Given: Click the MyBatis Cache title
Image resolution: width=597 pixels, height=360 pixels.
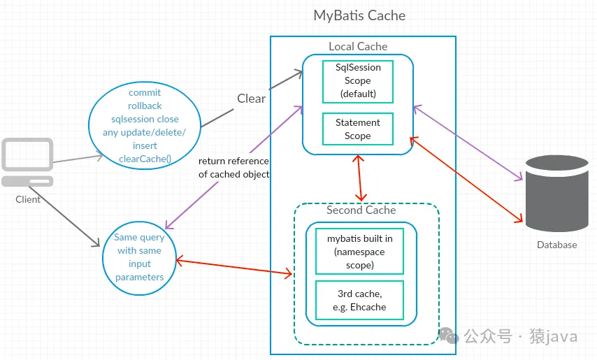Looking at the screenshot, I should pos(359,15).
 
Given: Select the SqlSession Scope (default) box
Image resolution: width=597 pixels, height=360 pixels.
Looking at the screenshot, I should pos(357,81).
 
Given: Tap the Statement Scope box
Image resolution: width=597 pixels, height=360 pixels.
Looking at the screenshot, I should pos(357,129).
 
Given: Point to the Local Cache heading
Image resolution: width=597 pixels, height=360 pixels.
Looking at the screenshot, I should pos(358,46).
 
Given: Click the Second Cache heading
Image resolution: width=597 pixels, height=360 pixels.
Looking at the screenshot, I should pos(361,210).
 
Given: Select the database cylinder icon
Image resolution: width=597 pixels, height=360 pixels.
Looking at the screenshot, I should pos(556,193).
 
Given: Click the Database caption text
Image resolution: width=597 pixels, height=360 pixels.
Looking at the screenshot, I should pos(556,245).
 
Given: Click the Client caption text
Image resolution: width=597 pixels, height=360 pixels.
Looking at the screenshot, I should pos(28,199).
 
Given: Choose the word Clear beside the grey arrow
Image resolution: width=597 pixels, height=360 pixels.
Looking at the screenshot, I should pos(252,99).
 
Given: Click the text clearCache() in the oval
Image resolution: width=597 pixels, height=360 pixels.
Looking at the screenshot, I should pos(145,159).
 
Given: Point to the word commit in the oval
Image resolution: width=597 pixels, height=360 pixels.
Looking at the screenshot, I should pos(145,92).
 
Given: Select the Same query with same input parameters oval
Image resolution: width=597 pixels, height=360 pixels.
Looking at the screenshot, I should pos(139,257).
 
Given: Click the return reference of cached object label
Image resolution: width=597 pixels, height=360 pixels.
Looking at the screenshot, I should pos(233,168).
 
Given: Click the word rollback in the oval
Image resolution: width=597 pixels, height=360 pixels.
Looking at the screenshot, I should pos(145,106).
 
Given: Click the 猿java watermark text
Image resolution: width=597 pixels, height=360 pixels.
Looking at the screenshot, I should pos(556,337).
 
